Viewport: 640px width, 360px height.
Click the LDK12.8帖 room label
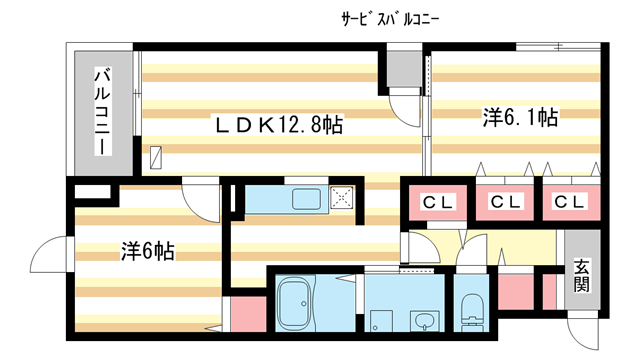click(279, 124)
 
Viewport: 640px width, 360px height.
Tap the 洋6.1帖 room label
click(520, 117)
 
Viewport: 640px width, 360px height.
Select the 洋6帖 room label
click(148, 251)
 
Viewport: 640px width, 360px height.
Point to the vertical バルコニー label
click(103, 111)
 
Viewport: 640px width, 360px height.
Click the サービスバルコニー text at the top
click(390, 20)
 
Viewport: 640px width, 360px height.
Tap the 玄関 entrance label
click(582, 276)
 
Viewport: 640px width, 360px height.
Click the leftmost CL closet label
click(438, 202)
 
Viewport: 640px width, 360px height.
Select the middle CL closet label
click(505, 202)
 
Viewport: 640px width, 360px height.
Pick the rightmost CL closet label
click(569, 201)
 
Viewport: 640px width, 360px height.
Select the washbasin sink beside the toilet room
click(425, 320)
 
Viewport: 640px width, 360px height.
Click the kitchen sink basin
click(306, 200)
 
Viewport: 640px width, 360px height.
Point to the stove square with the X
click(342, 198)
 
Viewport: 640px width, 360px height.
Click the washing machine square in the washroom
click(381, 321)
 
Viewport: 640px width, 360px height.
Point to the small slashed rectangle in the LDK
click(156, 158)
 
